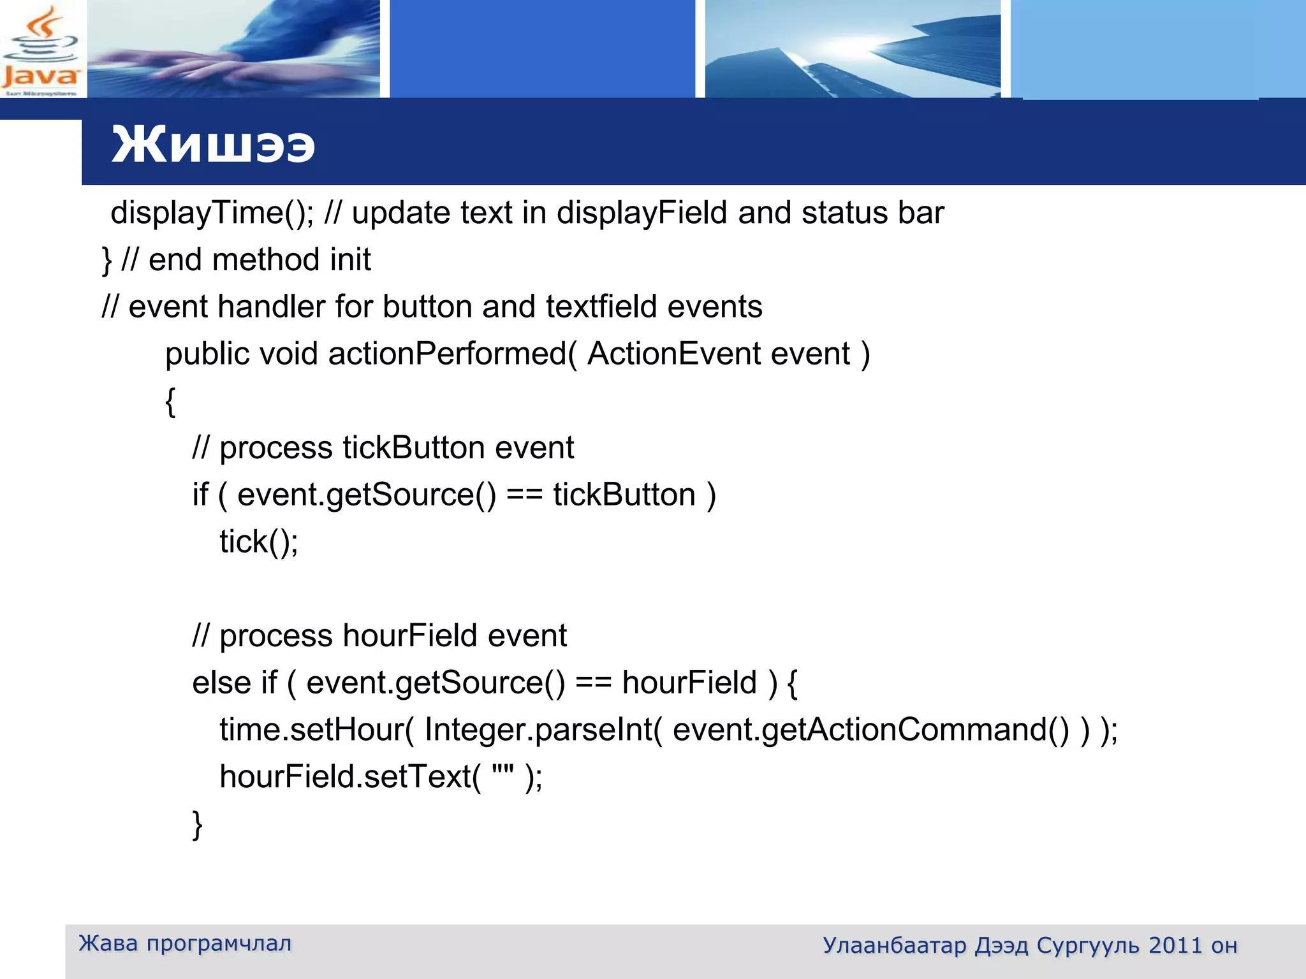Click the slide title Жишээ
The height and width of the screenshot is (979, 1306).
click(x=213, y=145)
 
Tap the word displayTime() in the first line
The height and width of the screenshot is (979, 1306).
click(x=211, y=213)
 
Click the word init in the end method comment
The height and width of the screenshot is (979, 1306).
click(x=350, y=259)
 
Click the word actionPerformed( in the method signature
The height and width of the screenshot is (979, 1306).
click(x=452, y=354)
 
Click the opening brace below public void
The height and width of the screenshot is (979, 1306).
click(x=170, y=402)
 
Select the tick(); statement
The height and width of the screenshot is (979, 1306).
click(x=258, y=542)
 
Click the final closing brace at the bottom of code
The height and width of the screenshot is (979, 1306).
click(x=198, y=824)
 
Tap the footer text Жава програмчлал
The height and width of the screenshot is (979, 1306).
click(x=185, y=943)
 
